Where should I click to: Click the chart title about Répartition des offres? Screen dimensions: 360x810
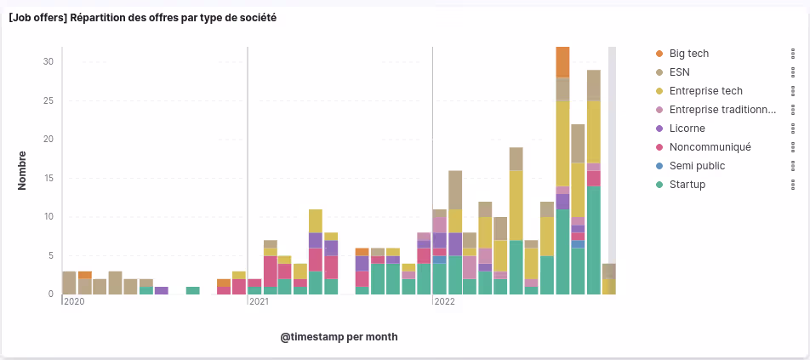click(x=142, y=17)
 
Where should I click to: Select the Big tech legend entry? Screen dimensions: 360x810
click(x=688, y=54)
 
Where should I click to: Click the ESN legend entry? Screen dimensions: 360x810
click(x=679, y=72)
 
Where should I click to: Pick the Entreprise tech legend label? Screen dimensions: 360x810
click(x=705, y=91)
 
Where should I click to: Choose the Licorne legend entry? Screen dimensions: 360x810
click(x=687, y=129)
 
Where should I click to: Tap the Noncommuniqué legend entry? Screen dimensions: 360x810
click(x=710, y=147)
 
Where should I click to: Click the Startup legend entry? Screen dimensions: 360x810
click(x=687, y=185)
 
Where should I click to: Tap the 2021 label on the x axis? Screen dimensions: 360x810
click(x=260, y=301)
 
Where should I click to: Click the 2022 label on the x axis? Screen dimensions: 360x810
click(x=445, y=301)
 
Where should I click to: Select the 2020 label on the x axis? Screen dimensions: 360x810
click(x=74, y=301)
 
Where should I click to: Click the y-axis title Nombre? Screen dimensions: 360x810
click(x=23, y=170)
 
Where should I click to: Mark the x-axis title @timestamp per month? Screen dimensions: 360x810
click(x=339, y=337)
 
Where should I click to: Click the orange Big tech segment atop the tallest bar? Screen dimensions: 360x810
click(x=562, y=62)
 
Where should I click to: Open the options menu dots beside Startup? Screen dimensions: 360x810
click(x=793, y=185)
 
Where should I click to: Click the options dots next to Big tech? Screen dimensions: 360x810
click(x=793, y=54)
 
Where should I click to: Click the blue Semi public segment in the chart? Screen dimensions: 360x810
click(x=578, y=244)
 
